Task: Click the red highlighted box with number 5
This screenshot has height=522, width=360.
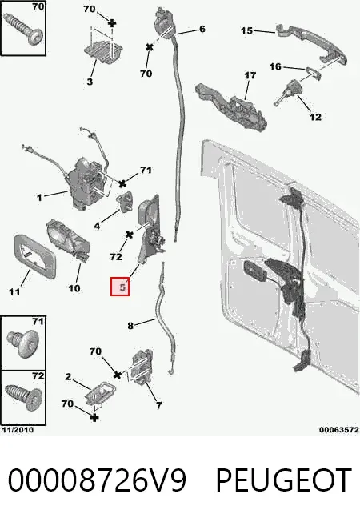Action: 120,287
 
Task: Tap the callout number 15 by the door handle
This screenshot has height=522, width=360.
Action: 247,30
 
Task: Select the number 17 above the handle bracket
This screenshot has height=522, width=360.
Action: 250,75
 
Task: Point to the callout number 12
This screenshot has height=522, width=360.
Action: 315,117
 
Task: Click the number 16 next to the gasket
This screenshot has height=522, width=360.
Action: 275,67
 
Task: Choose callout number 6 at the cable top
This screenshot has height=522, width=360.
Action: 202,29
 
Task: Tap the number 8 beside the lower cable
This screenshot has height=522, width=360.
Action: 130,326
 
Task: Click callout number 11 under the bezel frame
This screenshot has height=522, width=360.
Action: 14,292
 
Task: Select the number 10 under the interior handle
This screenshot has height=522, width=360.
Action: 74,288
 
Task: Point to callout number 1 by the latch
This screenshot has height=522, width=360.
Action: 39,198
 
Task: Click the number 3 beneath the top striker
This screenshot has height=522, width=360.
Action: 90,82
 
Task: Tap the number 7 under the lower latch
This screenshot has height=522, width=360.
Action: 158,405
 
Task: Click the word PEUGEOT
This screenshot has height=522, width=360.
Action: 283,480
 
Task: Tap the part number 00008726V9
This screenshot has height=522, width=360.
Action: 97,480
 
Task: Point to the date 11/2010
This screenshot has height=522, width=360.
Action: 18,430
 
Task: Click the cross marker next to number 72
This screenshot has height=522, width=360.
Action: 130,235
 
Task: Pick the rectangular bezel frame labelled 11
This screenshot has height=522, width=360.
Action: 34,256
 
